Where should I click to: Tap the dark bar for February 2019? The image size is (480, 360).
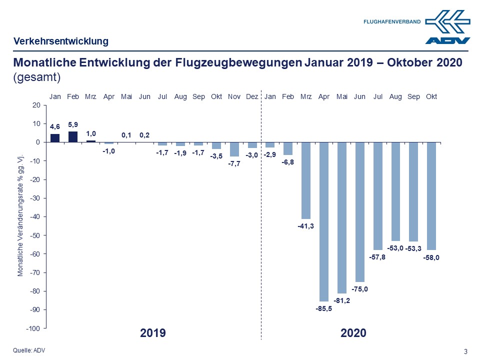(73, 136)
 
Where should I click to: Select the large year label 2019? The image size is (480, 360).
(153, 333)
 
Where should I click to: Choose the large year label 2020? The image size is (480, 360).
(353, 333)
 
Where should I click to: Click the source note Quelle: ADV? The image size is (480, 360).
(29, 350)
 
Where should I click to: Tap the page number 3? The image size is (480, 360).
(465, 351)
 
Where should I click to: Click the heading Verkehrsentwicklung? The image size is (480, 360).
(60, 41)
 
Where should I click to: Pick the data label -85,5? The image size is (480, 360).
(323, 308)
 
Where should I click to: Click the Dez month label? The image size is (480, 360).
(252, 96)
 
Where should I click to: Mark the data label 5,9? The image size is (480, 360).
(73, 124)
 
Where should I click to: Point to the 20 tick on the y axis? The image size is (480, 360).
(35, 105)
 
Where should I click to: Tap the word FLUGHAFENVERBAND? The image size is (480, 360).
(392, 21)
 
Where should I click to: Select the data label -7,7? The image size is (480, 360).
(234, 164)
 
